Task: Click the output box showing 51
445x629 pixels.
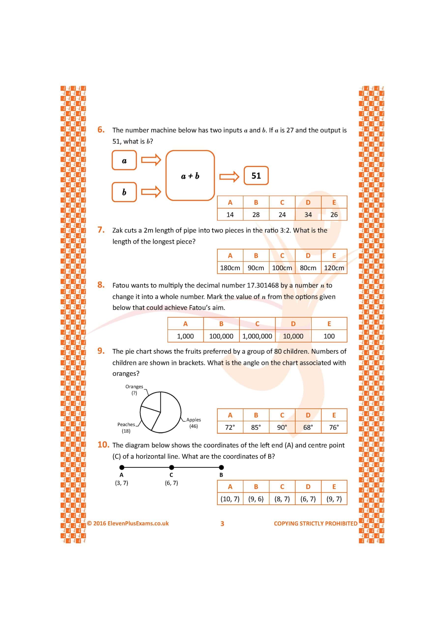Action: [x=256, y=176]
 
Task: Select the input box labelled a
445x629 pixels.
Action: [x=124, y=160]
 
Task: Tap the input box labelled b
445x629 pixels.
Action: [x=124, y=192]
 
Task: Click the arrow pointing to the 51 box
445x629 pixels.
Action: [x=229, y=176]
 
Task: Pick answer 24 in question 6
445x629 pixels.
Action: [x=282, y=214]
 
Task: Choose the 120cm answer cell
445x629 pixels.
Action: [x=334, y=268]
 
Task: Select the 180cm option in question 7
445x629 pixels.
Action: [x=230, y=268]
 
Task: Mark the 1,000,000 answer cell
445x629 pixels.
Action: [x=257, y=336]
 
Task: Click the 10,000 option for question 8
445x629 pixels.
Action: [x=293, y=336]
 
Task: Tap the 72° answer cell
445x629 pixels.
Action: [x=230, y=427]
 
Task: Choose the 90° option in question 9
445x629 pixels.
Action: [x=282, y=427]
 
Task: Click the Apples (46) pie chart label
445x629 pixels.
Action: [x=193, y=423]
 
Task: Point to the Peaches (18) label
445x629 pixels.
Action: [x=126, y=427]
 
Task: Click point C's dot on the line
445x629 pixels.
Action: [x=172, y=467]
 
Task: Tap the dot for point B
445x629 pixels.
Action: [x=221, y=467]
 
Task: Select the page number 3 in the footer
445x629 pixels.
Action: [x=222, y=524]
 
